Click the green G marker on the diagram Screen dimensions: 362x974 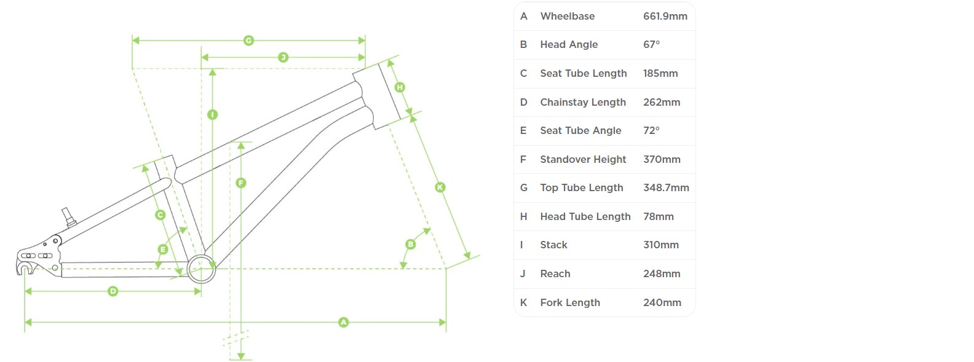(x=248, y=41)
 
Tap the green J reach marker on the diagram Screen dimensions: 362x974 (x=283, y=57)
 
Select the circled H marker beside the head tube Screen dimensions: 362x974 (x=400, y=87)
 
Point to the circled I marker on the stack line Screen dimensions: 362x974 (x=212, y=114)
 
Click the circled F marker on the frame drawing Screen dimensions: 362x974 (x=241, y=183)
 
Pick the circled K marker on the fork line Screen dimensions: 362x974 (x=440, y=187)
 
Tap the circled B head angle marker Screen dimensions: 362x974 (x=410, y=244)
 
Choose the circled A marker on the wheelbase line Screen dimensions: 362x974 (x=343, y=322)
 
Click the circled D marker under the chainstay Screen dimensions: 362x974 (x=113, y=291)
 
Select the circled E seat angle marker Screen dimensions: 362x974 (x=163, y=249)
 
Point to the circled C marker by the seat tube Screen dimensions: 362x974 (x=160, y=214)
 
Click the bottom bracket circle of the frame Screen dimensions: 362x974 (x=201, y=269)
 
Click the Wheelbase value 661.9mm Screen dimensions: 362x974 (x=665, y=16)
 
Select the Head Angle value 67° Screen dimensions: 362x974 (x=651, y=44)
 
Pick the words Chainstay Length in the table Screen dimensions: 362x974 (x=582, y=102)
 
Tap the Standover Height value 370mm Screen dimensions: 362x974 (x=662, y=159)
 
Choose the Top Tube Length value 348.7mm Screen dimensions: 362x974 (x=666, y=187)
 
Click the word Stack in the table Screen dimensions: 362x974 (x=553, y=245)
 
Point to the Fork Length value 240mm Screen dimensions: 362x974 (x=662, y=302)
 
